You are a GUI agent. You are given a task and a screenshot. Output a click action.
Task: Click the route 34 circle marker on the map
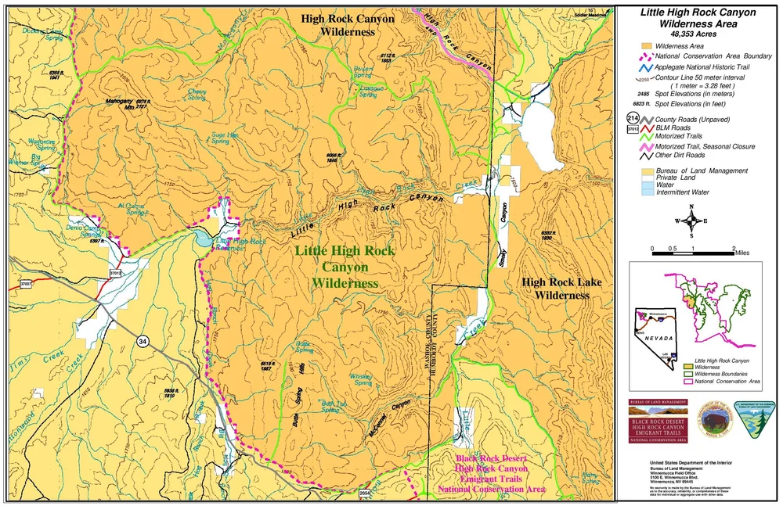142,341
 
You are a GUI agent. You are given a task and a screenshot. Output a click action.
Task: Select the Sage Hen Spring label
226,138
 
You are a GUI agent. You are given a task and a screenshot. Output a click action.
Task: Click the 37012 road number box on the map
115,274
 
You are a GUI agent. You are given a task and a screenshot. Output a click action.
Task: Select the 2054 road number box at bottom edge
363,493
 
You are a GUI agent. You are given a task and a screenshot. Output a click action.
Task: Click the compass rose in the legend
691,221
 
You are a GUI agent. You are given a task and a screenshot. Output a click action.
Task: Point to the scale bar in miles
693,252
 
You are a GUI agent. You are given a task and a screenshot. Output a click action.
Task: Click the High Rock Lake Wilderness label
557,289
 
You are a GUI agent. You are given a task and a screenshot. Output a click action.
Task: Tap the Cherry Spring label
197,94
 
